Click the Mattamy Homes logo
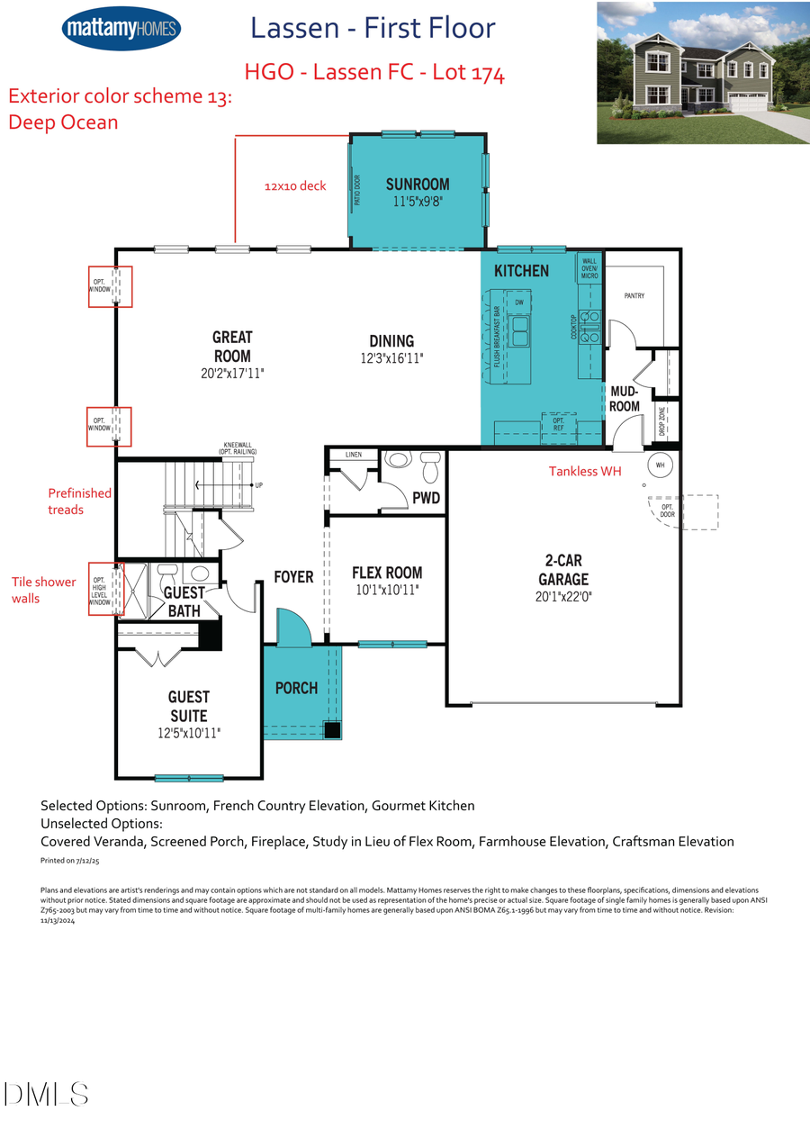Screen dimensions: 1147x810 click(x=121, y=28)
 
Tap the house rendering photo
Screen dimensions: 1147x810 click(x=702, y=73)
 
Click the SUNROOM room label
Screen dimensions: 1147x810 click(x=418, y=185)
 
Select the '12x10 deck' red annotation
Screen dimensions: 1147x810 click(x=295, y=186)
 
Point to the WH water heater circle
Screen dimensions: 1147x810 click(x=660, y=465)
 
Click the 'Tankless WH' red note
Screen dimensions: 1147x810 click(x=587, y=471)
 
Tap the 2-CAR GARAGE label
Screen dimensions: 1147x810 click(x=563, y=570)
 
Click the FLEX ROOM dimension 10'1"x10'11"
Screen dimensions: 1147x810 click(x=387, y=591)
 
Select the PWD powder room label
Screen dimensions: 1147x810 click(x=426, y=498)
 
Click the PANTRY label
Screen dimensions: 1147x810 click(x=634, y=296)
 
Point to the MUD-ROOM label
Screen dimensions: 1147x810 click(x=625, y=399)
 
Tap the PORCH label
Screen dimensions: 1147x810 click(x=296, y=688)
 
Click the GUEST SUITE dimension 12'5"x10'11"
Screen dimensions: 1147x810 click(x=189, y=734)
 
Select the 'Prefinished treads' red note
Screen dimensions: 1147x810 click(x=79, y=501)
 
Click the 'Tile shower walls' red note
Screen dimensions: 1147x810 click(x=43, y=590)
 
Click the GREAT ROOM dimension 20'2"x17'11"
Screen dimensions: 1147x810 click(x=232, y=372)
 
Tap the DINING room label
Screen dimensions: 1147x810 click(x=391, y=341)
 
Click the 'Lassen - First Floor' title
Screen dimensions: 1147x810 click(x=373, y=28)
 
